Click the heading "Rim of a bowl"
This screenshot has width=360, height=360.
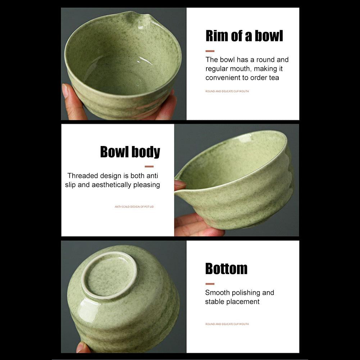244,36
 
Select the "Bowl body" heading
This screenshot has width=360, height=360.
130,152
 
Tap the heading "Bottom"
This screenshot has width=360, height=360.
226,269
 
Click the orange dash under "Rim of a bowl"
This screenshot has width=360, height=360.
210,51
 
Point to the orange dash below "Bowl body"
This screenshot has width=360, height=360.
149,167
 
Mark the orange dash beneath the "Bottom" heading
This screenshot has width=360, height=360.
210,284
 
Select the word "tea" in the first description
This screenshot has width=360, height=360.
273,78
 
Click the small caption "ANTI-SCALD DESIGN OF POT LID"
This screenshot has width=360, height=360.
134,207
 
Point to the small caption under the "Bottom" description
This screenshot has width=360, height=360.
227,324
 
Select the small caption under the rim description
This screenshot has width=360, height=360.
227,91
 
